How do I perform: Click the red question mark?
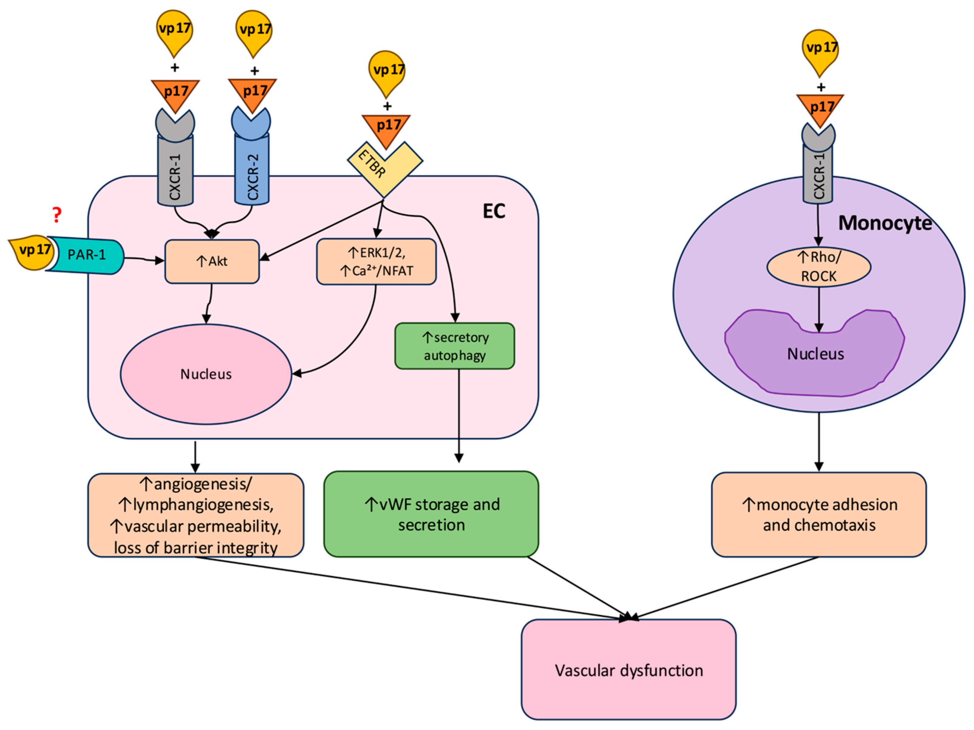(x=56, y=215)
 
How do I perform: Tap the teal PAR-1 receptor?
(x=86, y=255)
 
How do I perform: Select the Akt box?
(x=212, y=261)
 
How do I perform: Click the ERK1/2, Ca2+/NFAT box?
(x=376, y=262)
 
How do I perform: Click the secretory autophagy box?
(x=455, y=346)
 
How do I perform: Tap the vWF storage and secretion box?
(x=431, y=514)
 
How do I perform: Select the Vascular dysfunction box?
(x=628, y=670)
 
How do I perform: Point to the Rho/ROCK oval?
(x=819, y=267)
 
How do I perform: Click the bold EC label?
(x=494, y=211)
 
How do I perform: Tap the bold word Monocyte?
(x=885, y=223)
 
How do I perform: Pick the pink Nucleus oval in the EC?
(x=206, y=374)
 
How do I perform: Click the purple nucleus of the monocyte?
(x=815, y=355)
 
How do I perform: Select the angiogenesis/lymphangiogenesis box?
(x=196, y=515)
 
